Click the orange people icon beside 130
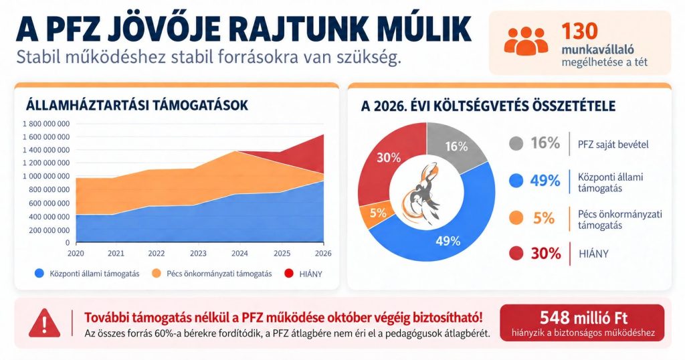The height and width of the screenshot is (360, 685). (x=526, y=41)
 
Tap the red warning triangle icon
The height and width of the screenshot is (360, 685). (x=44, y=323)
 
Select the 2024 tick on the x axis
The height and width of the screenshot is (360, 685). (x=239, y=253)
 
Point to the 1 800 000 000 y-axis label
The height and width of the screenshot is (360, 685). (x=46, y=124)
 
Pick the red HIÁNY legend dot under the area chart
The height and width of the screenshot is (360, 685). (x=289, y=274)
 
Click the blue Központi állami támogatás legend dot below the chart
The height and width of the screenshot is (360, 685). (x=39, y=274)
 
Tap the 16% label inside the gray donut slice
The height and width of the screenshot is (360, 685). (x=456, y=147)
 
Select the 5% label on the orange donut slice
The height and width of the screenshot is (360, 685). (x=378, y=213)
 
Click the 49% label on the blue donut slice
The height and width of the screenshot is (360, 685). (x=448, y=241)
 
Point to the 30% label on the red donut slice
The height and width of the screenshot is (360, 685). (x=389, y=157)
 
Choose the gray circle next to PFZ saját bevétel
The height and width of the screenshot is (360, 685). (x=516, y=143)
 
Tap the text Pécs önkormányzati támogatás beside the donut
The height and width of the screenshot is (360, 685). (x=620, y=219)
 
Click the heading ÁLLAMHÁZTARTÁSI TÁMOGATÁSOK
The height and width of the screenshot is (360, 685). (x=136, y=105)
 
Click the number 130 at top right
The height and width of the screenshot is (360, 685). (x=579, y=31)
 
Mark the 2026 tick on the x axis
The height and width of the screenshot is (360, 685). (x=323, y=253)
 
